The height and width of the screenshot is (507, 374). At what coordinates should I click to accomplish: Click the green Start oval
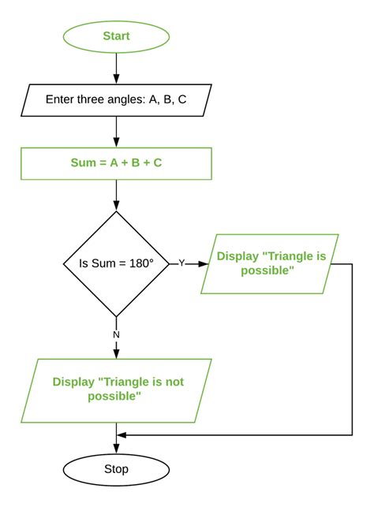[x=116, y=36]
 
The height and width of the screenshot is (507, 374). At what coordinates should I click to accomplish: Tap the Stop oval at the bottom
[x=116, y=469]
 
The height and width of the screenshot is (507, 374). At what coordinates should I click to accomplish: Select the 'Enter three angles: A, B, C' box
[x=116, y=100]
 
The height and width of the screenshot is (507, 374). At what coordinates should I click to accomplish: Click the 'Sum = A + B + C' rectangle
[x=116, y=164]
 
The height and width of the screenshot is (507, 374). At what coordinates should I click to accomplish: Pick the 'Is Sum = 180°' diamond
[x=116, y=263]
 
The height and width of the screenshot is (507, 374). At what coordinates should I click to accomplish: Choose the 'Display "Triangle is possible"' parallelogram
[x=270, y=263]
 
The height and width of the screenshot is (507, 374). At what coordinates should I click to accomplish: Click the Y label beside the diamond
[x=181, y=263]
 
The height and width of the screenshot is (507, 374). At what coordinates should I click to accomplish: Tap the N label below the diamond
[x=117, y=334]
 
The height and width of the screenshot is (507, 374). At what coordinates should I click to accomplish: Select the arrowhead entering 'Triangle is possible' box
[x=204, y=263]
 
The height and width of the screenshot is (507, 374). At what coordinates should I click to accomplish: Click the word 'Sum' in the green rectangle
[x=84, y=164]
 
